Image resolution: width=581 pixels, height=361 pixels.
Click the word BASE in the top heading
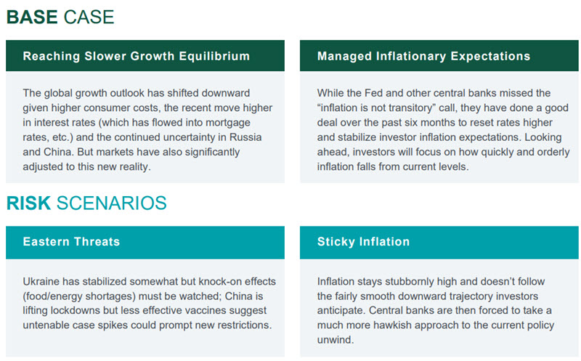coord(32,17)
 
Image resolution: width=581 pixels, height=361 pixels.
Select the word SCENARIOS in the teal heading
coord(112,203)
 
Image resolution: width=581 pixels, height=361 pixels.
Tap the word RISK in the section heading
coord(28,203)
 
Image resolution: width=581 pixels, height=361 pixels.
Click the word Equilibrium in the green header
coord(214,57)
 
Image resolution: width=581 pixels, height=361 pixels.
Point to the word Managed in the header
coord(344,57)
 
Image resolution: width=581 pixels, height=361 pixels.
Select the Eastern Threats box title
coord(71,242)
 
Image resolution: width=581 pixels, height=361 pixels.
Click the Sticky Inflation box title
coord(363,242)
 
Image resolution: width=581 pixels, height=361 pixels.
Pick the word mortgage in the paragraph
coord(228,123)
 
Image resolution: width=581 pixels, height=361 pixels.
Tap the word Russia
coord(245,137)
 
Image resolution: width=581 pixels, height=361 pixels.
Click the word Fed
coord(373,93)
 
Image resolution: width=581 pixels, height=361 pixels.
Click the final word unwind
coord(336,340)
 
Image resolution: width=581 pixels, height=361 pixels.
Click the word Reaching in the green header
coord(51,57)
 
